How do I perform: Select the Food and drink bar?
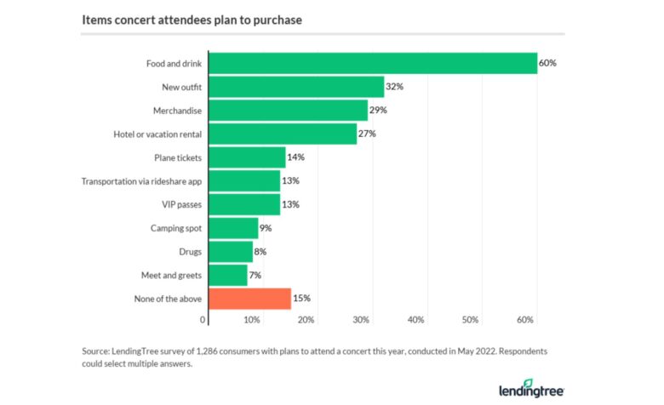click(x=373, y=63)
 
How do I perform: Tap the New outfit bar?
click(x=296, y=87)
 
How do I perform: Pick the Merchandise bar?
click(x=288, y=111)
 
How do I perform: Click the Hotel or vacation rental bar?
click(x=283, y=134)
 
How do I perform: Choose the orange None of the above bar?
click(x=249, y=298)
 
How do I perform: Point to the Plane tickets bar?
click(x=247, y=157)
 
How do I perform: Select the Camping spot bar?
click(x=233, y=228)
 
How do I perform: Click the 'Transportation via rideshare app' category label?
click(x=142, y=181)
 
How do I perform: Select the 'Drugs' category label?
click(x=190, y=252)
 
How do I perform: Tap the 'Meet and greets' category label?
click(x=171, y=275)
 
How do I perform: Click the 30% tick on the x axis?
click(x=361, y=320)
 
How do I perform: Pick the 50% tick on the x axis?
click(x=470, y=320)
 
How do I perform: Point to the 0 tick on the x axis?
click(x=203, y=320)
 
